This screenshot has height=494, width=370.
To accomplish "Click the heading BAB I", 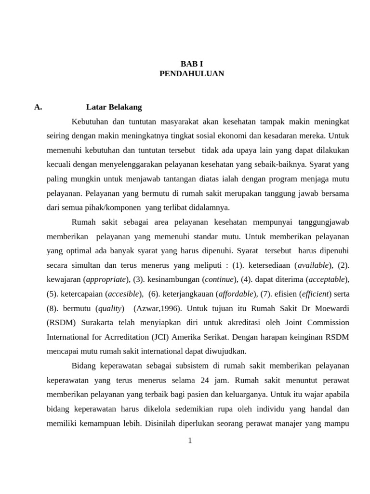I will pos(192,64).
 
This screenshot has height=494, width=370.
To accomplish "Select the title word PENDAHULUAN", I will pos(192,74).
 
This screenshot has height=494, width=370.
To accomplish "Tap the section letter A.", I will pos(38,107).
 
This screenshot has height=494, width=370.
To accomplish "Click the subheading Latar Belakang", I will pos(114,107).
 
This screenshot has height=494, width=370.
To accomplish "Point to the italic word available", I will pos(313,265).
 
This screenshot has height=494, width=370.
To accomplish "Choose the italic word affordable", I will pos(236,293).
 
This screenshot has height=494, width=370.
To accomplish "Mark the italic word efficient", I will pos(316,293).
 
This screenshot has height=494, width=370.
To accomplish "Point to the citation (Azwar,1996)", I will pos(158,308).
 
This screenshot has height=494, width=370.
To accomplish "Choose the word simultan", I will pos(83,265).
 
